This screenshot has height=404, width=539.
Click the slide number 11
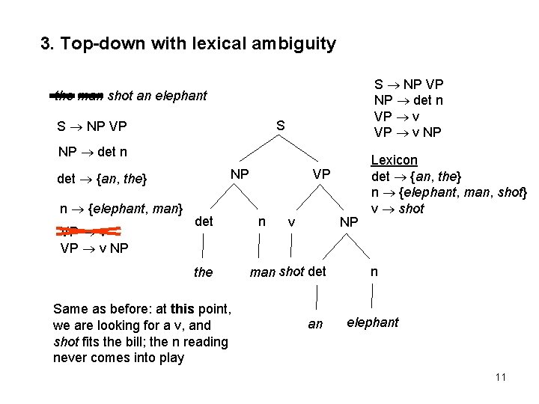501,376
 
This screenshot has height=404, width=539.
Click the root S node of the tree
280,127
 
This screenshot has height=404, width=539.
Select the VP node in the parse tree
320,174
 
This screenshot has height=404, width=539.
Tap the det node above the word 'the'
204,221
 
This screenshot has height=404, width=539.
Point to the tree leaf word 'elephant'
372,322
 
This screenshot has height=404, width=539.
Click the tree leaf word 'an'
315,324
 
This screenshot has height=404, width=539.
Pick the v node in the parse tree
291,222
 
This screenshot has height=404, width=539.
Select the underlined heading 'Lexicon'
395,160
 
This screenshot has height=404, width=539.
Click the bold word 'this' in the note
183,309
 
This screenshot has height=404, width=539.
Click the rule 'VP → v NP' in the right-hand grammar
408,132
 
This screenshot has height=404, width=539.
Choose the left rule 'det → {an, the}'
103,180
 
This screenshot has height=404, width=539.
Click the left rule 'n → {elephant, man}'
122,209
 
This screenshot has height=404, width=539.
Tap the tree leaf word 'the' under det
203,272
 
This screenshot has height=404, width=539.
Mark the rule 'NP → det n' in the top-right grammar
409,100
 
